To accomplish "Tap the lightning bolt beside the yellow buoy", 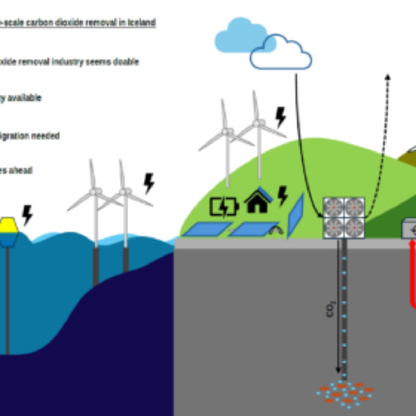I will click(27, 215).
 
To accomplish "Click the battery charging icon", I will click(224, 207).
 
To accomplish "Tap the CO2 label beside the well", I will click(330, 309).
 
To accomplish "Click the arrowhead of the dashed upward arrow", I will click(388, 77).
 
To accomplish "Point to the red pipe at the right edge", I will click(412, 274).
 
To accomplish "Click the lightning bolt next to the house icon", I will click(283, 196).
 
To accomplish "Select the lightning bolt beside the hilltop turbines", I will click(280, 117).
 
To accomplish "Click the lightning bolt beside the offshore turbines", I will click(149, 183).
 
